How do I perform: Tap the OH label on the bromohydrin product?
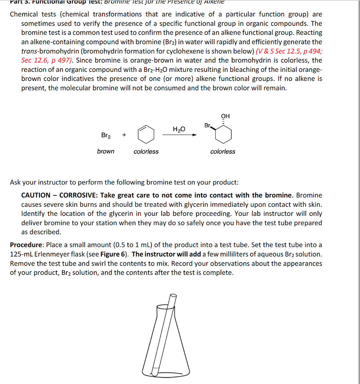pyautogui.click(x=225, y=116)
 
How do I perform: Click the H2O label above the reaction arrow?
pyautogui.click(x=179, y=129)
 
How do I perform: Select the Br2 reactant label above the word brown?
pyautogui.click(x=106, y=135)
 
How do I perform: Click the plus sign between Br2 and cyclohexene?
pyautogui.click(x=124, y=135)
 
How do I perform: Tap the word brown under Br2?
pyautogui.click(x=106, y=151)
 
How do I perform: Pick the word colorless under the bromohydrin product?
pyautogui.click(x=223, y=151)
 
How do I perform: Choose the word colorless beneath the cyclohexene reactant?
pyautogui.click(x=146, y=151)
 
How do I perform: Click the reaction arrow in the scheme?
pyautogui.click(x=179, y=135)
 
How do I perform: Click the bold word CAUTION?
pyautogui.click(x=36, y=195)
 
